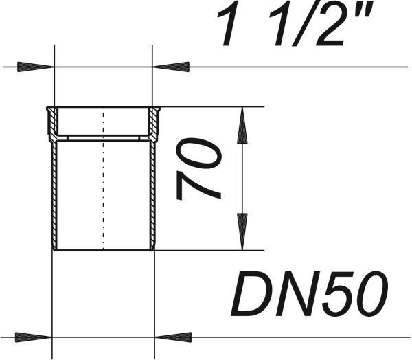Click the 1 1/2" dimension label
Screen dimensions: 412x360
tap(294, 23)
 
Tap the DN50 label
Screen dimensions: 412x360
tap(309, 294)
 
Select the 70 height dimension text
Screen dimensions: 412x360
tap(198, 169)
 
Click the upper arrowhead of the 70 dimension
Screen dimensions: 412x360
tap(242, 126)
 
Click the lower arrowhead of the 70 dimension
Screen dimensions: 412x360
tap(242, 232)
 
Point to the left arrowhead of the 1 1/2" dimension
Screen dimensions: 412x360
tap(36, 67)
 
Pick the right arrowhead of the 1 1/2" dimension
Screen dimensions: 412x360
tap(171, 67)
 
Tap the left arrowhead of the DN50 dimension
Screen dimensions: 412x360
tap(34, 337)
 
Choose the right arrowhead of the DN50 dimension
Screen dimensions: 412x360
tap(173, 337)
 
